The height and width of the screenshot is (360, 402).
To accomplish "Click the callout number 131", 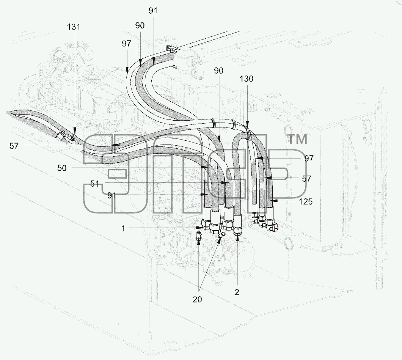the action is click(74, 27).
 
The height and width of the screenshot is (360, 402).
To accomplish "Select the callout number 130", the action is click(247, 79).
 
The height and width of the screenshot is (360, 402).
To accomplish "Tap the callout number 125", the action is click(306, 201).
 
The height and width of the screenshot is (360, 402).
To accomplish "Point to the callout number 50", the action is click(62, 168).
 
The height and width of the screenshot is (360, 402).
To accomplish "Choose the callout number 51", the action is click(94, 184).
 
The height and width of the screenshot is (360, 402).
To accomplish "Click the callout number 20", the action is click(197, 299).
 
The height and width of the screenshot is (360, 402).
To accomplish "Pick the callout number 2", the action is click(237, 292).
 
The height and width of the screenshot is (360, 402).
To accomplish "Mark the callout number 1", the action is click(123, 228).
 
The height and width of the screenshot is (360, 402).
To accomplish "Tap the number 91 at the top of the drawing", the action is click(153, 11).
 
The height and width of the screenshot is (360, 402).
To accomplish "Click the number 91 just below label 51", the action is click(112, 196).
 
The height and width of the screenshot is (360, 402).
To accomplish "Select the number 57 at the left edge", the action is click(14, 146).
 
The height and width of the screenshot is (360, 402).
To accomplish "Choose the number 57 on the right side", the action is click(306, 178).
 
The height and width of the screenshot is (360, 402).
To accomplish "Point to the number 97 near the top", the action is click(126, 44).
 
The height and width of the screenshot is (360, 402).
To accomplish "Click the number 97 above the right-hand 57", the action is click(309, 158).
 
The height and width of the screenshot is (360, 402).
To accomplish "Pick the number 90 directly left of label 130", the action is click(218, 71).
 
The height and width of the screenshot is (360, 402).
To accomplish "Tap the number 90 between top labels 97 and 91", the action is click(140, 25).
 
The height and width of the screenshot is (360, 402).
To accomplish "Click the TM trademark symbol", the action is click(298, 140).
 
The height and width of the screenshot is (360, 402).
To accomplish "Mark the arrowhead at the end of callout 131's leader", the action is click(75, 130).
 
